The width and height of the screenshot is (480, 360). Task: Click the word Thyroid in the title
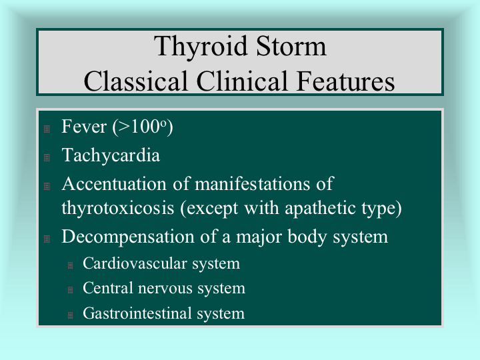tap(201, 46)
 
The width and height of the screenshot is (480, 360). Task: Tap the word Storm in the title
tap(291, 46)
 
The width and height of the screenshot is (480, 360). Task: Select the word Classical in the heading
tap(135, 81)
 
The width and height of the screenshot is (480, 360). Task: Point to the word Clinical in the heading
tap(242, 81)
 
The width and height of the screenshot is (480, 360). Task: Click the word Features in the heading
tap(345, 81)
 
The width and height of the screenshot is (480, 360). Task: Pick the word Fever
tap(84, 127)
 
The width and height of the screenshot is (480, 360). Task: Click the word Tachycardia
tap(111, 155)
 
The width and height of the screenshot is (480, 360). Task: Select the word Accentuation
tap(114, 184)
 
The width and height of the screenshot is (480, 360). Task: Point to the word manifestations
tap(253, 184)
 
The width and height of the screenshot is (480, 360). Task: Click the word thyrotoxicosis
tap(118, 208)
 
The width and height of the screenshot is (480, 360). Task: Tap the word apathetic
tap(320, 208)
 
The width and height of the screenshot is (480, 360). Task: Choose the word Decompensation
tap(128, 237)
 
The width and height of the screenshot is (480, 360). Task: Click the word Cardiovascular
tap(135, 263)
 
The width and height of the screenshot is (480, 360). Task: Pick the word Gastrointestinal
tap(137, 313)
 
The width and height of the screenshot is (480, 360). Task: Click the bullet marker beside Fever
tap(47, 129)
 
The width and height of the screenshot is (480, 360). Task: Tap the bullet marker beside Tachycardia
tap(47, 157)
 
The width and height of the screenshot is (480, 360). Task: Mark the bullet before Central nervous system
tap(70, 289)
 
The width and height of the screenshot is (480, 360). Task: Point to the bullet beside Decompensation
tap(47, 239)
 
